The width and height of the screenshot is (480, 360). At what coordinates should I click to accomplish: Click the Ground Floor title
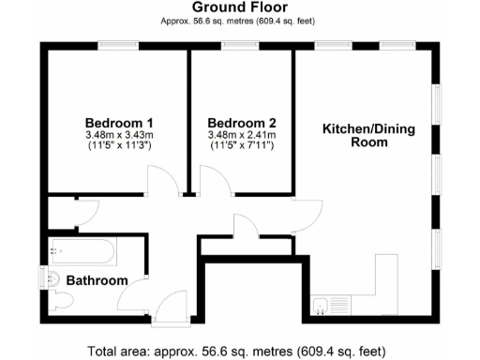pyautogui.click(x=240, y=7)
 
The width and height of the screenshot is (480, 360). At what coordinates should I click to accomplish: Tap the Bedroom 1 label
pyautogui.click(x=119, y=123)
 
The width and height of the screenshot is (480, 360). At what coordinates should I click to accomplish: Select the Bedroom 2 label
pyautogui.click(x=242, y=123)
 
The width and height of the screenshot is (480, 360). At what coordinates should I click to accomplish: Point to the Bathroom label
pyautogui.click(x=97, y=280)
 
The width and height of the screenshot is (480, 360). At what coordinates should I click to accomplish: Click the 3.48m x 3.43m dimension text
pyautogui.click(x=119, y=135)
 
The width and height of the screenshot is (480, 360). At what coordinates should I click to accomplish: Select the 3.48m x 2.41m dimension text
pyautogui.click(x=242, y=135)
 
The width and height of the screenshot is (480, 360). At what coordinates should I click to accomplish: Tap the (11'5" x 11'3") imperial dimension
pyautogui.click(x=119, y=146)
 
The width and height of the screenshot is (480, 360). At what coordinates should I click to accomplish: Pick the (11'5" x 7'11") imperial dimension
pyautogui.click(x=242, y=146)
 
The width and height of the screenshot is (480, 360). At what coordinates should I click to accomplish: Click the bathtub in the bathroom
pyautogui.click(x=82, y=251)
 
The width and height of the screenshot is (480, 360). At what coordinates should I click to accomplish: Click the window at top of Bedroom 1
pyautogui.click(x=119, y=44)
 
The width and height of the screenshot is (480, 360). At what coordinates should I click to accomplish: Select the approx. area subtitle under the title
pyautogui.click(x=240, y=20)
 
